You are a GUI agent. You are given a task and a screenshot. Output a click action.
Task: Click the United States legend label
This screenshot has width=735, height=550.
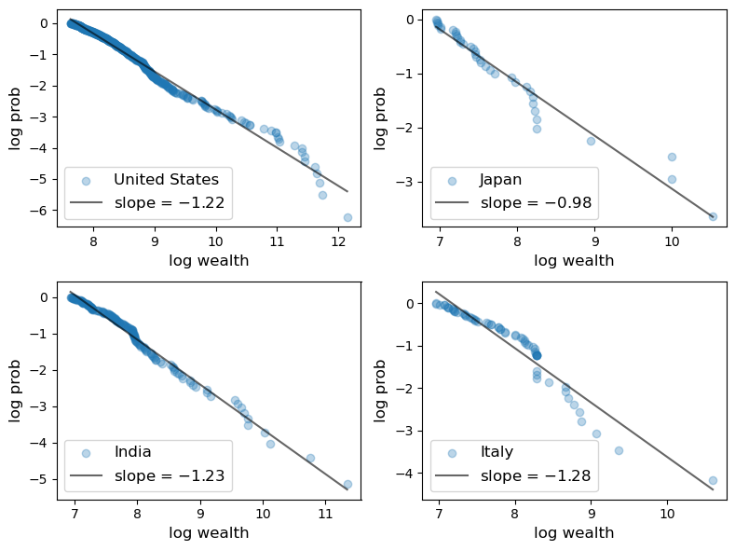[166, 179]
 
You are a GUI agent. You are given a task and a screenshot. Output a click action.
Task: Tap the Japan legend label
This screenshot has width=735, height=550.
[499, 179]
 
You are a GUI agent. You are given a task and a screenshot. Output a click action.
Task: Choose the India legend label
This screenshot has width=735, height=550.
[132, 452]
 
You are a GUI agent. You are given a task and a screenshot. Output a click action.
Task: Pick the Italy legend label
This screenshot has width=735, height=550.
[497, 452]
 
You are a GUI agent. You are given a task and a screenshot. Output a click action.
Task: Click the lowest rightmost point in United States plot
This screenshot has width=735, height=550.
[347, 217]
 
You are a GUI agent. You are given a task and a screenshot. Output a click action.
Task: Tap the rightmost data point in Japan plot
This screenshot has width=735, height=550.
[713, 216]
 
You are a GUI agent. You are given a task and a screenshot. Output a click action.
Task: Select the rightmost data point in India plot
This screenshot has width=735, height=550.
[347, 485]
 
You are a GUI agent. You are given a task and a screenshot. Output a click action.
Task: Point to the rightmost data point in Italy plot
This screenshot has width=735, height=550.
[713, 481]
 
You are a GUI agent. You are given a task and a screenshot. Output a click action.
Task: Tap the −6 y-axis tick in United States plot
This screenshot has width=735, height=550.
[41, 211]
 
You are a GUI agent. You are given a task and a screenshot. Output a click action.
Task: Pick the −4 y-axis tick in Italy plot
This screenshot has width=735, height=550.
[407, 474]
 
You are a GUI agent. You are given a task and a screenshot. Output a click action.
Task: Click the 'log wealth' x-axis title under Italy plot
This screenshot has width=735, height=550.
[574, 533]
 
